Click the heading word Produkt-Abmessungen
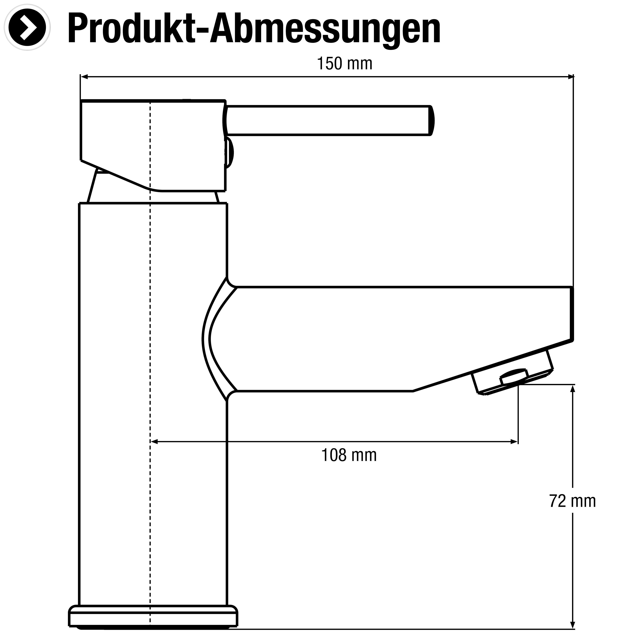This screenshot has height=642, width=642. pos(254,29)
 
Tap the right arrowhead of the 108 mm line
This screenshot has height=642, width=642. pos(514,442)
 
